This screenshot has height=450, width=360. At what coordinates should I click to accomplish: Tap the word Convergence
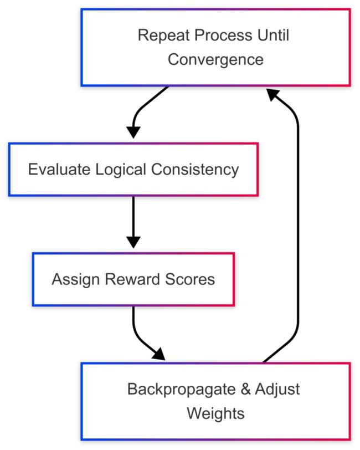[x=215, y=60]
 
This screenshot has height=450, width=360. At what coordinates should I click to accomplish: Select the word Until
[x=273, y=35]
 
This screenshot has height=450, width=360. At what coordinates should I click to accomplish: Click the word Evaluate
[x=59, y=169]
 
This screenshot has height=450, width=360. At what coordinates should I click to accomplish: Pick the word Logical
[x=121, y=170]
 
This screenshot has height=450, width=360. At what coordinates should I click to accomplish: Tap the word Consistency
[x=195, y=170]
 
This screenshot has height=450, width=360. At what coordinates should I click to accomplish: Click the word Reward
[x=132, y=279]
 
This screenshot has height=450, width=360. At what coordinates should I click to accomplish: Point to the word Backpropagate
[x=182, y=390]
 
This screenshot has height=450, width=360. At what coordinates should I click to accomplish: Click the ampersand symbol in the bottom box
[x=245, y=390]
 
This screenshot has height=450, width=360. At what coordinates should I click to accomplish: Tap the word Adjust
[x=277, y=390]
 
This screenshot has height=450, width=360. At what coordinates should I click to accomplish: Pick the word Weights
[x=215, y=414]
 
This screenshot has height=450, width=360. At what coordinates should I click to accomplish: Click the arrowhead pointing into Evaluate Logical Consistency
[x=133, y=132]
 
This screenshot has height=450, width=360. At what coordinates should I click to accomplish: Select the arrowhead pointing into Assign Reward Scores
[x=133, y=242]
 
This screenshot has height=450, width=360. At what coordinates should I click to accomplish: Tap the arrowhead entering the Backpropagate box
[x=160, y=355]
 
